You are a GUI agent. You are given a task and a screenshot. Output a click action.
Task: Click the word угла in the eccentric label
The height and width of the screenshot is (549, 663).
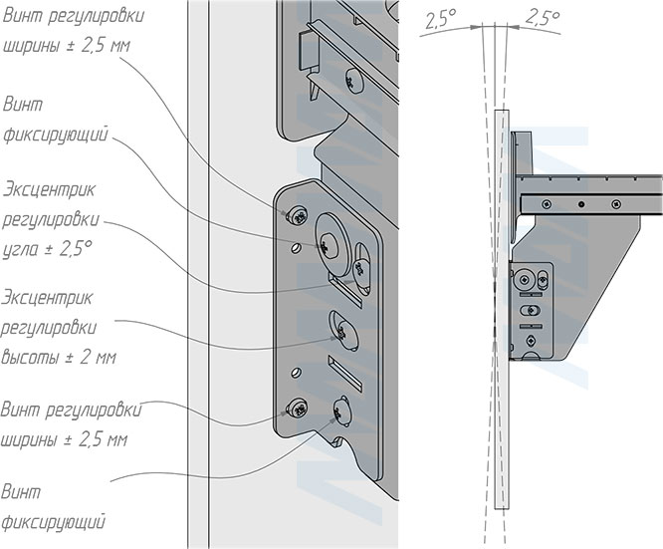pyautogui.click(x=25, y=250)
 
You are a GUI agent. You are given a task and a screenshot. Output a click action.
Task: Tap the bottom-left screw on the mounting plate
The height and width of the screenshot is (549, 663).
pyautogui.click(x=296, y=407)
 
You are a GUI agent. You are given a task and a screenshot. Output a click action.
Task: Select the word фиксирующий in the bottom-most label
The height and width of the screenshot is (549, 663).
pyautogui.click(x=55, y=520)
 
